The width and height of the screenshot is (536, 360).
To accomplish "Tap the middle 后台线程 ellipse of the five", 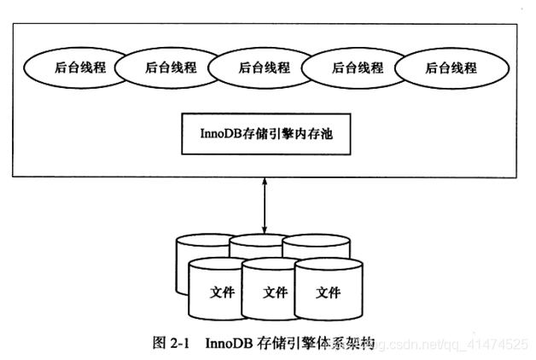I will [263, 67].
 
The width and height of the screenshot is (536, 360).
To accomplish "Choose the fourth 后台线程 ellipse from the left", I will [356, 67].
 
